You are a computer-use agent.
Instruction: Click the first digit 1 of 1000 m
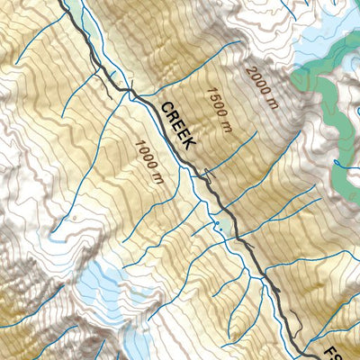pos(136,143)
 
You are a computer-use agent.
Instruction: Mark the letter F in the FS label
pos(342,345)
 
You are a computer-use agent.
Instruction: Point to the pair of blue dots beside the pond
pos(217,229)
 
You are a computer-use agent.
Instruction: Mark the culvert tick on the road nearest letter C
pos(134,89)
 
